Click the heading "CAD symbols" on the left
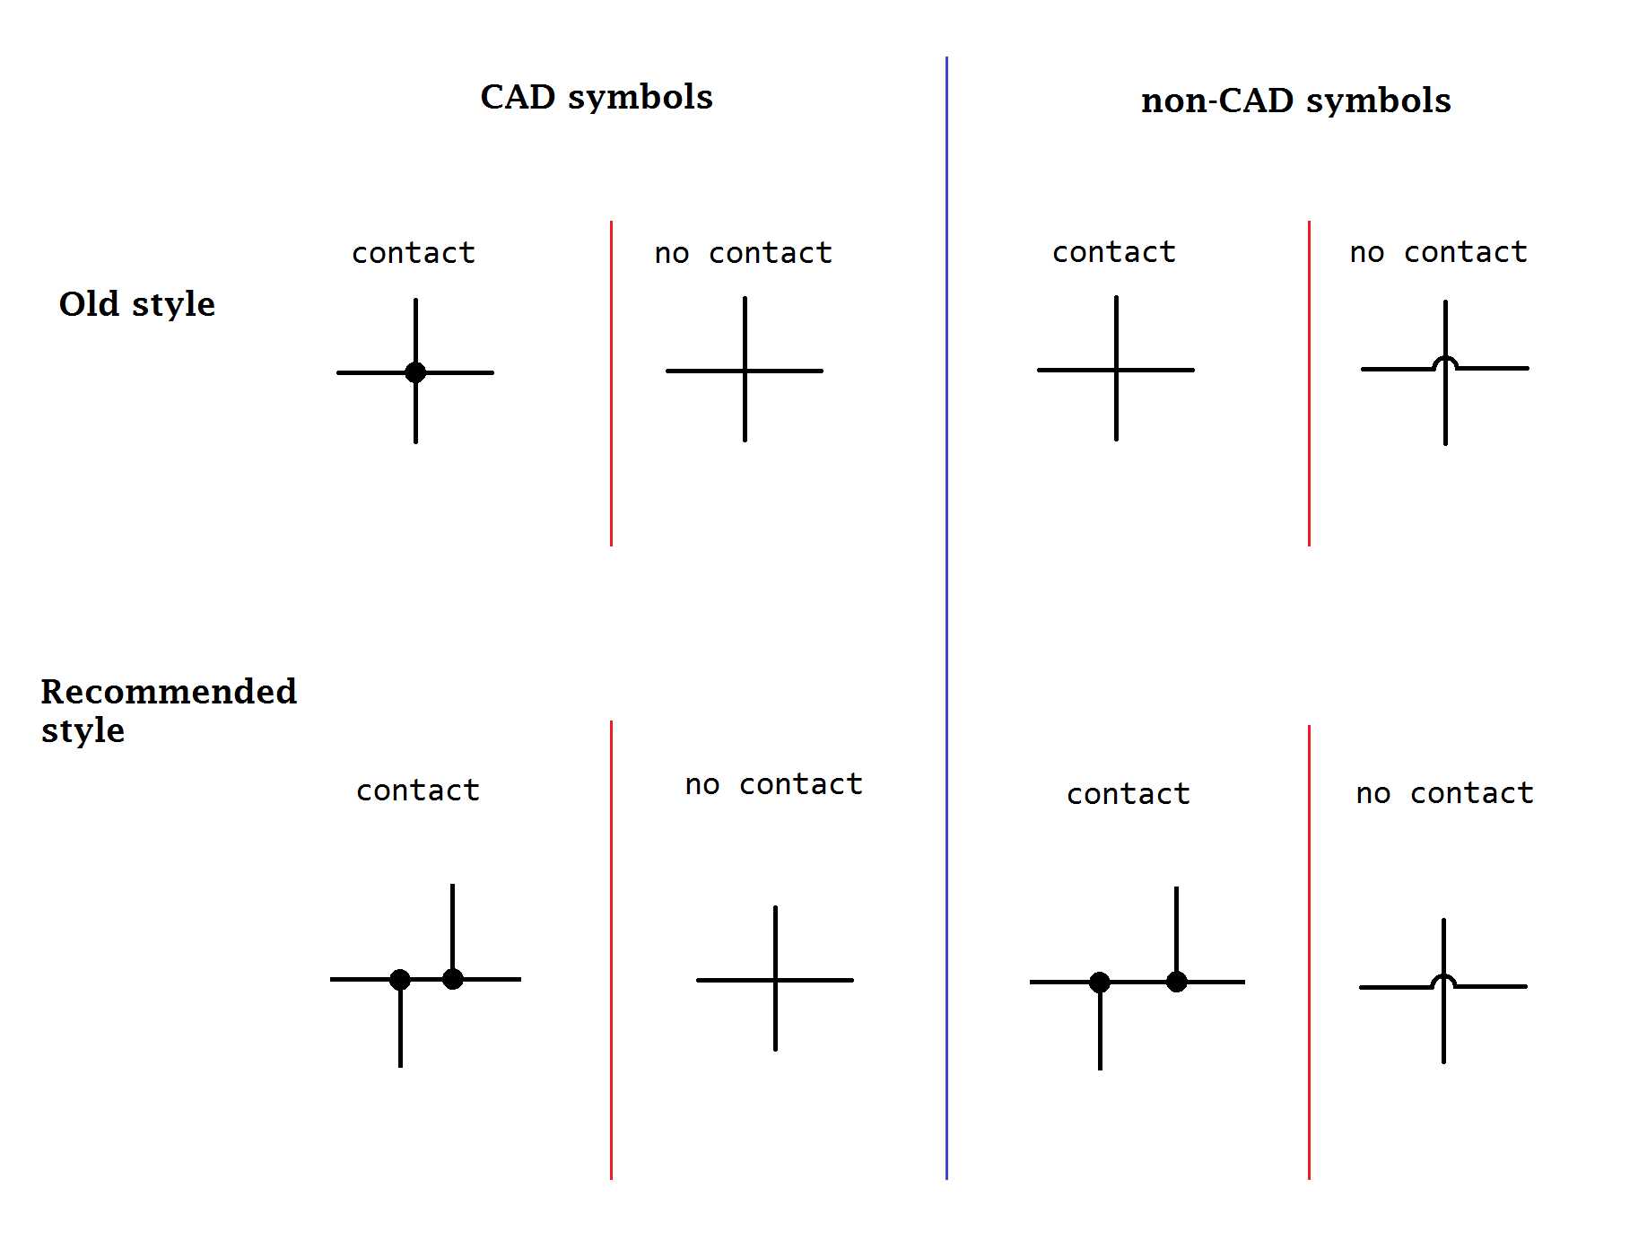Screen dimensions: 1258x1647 point(596,97)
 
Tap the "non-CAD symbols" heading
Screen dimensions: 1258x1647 point(1295,100)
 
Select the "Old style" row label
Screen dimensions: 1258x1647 point(136,304)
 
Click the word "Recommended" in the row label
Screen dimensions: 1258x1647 point(169,691)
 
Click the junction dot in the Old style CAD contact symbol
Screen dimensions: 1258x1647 point(415,372)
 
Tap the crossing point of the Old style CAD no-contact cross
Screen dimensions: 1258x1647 point(745,371)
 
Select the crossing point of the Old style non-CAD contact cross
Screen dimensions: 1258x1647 point(1116,370)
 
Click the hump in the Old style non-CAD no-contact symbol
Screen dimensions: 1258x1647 point(1445,362)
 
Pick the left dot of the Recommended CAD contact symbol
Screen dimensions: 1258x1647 point(400,980)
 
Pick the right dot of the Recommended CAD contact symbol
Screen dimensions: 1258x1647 point(453,979)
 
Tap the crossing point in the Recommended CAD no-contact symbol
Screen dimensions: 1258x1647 point(775,980)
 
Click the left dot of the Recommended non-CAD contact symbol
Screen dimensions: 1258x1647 point(1100,983)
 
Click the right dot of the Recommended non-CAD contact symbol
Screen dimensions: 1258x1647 point(1177,982)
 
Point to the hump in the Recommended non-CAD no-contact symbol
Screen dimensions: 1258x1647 point(1443,980)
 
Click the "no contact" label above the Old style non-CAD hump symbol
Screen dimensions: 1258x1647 point(1438,252)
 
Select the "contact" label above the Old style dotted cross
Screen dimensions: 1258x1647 point(413,253)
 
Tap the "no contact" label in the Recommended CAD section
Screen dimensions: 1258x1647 point(773,784)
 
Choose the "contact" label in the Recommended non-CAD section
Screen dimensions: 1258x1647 point(1128,794)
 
